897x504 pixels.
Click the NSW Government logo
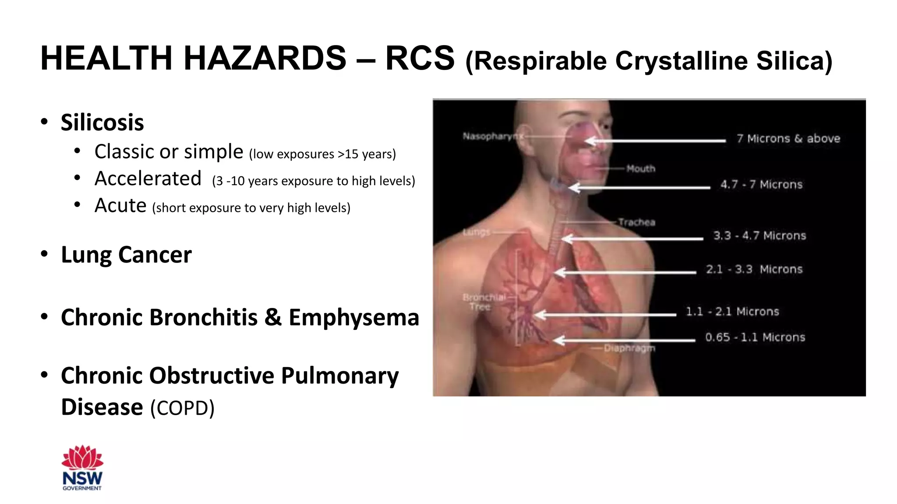(x=82, y=468)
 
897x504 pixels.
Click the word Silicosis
(x=102, y=122)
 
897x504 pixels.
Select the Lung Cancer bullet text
(x=126, y=255)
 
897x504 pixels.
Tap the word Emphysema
(x=354, y=317)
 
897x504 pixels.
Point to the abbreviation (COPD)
(x=182, y=408)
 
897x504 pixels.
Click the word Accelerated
(x=148, y=178)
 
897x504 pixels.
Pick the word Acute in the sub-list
(x=120, y=206)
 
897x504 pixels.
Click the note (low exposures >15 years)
(x=322, y=154)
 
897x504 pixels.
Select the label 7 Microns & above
(x=788, y=139)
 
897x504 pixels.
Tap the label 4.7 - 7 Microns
(x=761, y=185)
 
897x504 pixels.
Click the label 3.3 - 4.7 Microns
(x=759, y=236)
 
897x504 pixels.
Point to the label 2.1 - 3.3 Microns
(x=754, y=269)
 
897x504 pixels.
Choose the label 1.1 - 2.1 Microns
(x=732, y=311)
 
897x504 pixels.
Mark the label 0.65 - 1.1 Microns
(x=755, y=337)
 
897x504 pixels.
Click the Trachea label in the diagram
(x=637, y=222)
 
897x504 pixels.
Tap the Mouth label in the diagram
(x=641, y=168)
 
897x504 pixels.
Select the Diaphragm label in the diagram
(x=629, y=348)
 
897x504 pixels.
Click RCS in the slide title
(x=420, y=58)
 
